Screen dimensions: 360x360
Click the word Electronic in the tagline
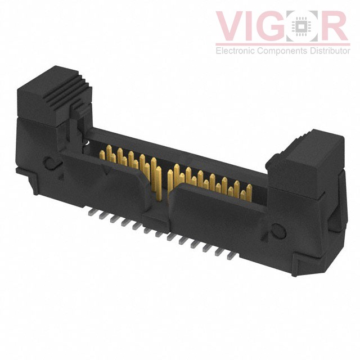tap(236, 51)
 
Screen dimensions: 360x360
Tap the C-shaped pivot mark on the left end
tap(51, 164)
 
